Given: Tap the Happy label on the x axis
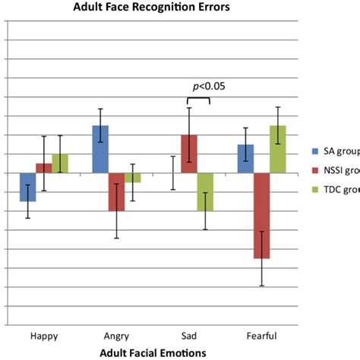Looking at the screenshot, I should pos(43,335).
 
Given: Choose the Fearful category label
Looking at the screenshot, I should pos(261,335).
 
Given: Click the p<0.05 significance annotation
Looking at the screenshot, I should pos(208,86).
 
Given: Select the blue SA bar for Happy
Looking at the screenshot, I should pos(27,187).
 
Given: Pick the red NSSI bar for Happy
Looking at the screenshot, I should pos(44,168).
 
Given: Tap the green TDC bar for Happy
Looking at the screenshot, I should pos(60,163).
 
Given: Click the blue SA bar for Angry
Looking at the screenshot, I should pos(100,149).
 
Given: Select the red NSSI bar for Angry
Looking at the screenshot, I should pos(116,191).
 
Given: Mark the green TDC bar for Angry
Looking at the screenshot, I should pos(133,178).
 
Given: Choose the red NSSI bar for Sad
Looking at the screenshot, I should pos(189,154).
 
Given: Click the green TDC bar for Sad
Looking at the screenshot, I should pos(206,191).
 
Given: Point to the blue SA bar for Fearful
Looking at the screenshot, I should pos(245,159).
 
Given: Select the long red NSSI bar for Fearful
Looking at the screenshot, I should pos(262,216).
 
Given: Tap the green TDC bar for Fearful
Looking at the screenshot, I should pos(278,149).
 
